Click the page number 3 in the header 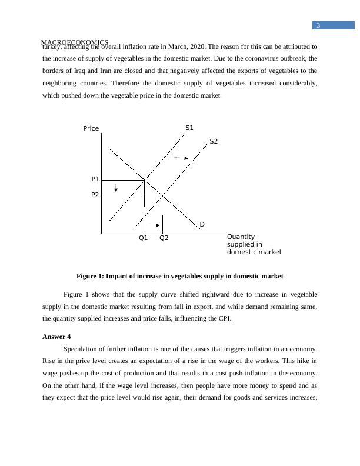tap(318, 25)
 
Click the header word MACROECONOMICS tap(74, 42)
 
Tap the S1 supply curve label tap(189, 128)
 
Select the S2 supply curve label tap(214, 141)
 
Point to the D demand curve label tap(202, 224)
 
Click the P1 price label tap(95, 178)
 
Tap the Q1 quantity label tap(144, 238)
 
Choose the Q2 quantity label tap(164, 238)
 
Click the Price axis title tap(91, 128)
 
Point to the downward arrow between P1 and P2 tap(116, 188)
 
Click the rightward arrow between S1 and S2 tap(180, 158)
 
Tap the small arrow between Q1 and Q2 tap(154, 225)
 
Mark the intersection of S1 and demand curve tap(145, 179)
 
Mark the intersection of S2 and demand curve tap(162, 195)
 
